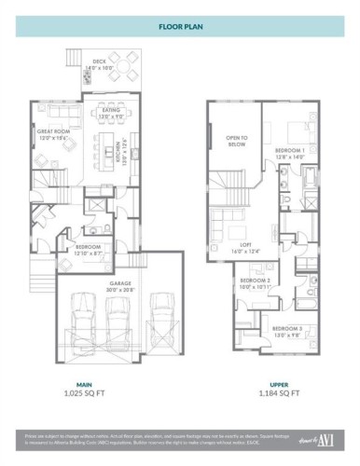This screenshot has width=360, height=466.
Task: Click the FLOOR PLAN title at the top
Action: coord(180,27)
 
